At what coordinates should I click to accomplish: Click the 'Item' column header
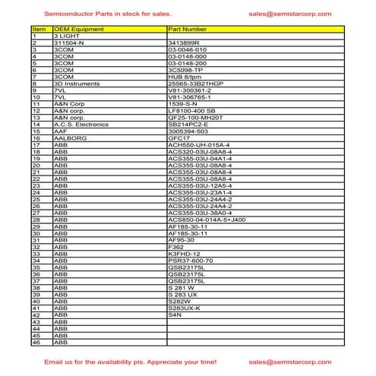[39, 28]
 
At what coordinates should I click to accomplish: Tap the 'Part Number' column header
[187, 28]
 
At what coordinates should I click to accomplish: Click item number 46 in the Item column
[36, 343]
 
